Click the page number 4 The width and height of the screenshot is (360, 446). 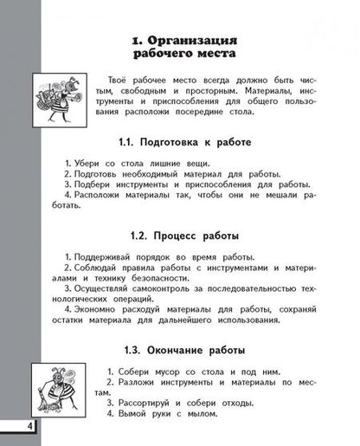(x=7, y=430)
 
